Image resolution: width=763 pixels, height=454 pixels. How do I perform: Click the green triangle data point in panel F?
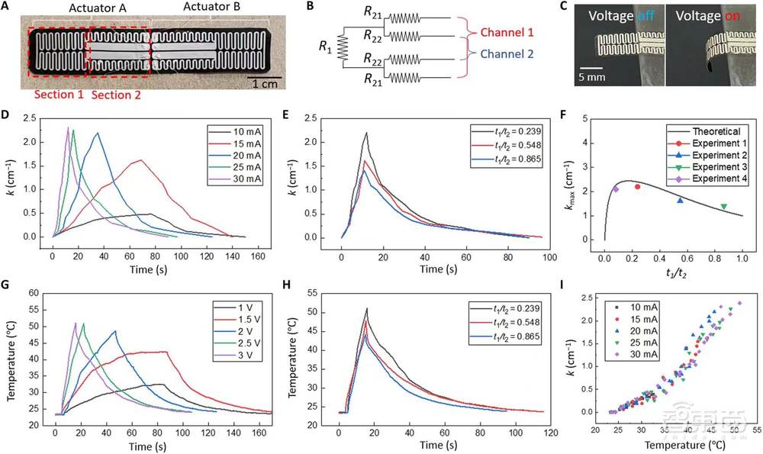(723, 206)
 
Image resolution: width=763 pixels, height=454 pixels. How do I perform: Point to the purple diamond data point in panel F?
(616, 189)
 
